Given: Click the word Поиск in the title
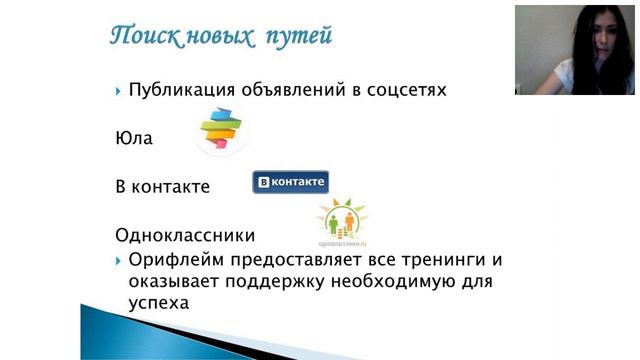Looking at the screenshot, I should tap(144, 37).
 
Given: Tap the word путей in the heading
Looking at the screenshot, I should tap(298, 37).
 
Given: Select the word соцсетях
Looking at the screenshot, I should tap(405, 91).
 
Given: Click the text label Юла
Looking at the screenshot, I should tap(134, 138).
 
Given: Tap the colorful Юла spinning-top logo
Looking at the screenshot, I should tap(221, 130).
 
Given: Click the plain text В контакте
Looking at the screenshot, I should tap(162, 187).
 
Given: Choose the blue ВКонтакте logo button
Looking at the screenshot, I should tap(290, 182).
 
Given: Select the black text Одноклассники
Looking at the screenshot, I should tap(185, 236).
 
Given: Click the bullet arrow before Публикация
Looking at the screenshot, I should tap(119, 91).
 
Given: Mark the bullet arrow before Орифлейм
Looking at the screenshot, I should tap(119, 260).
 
